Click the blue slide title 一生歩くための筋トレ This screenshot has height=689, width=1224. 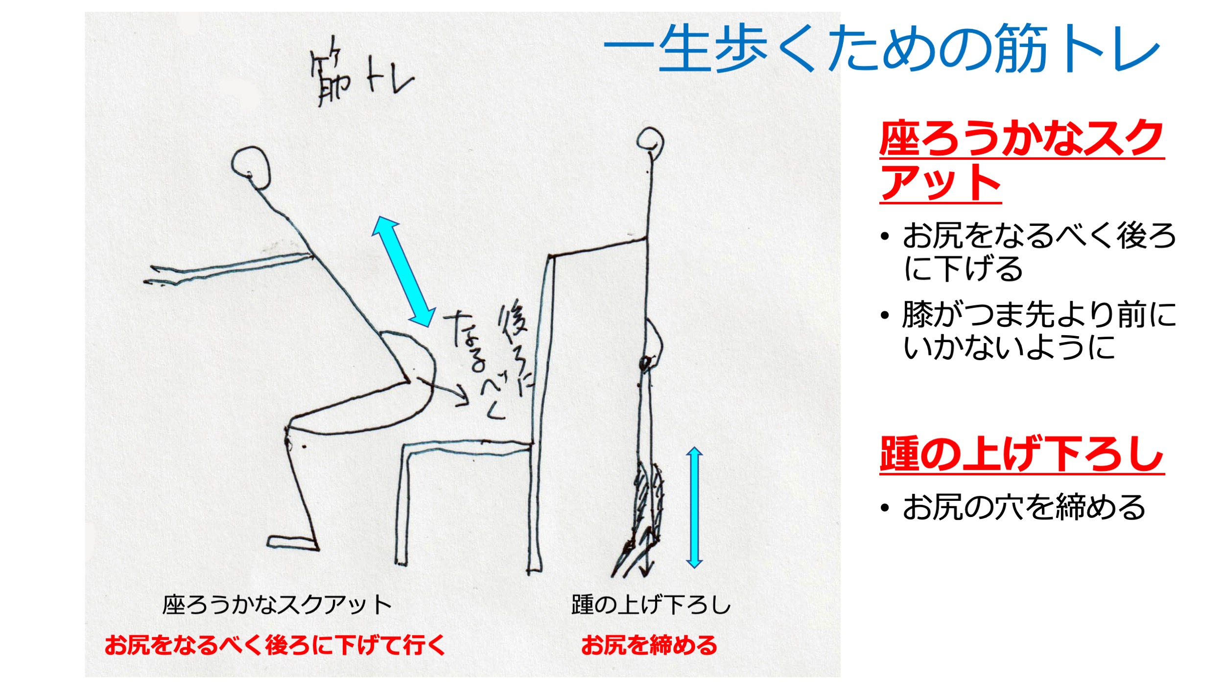(x=882, y=48)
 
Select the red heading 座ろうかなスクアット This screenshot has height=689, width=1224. (x=1021, y=161)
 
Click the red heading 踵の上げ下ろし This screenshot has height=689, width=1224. (x=1021, y=454)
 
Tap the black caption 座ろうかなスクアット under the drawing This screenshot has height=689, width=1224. (x=277, y=605)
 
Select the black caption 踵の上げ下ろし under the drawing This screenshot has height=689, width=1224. (x=651, y=605)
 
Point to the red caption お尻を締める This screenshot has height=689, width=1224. (x=649, y=645)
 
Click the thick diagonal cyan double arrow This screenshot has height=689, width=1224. (x=403, y=271)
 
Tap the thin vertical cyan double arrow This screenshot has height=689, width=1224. (x=694, y=507)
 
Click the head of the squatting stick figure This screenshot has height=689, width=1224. (x=251, y=167)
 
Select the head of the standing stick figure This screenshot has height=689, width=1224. (x=650, y=140)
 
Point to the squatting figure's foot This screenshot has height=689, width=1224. (x=292, y=543)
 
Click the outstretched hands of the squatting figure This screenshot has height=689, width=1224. (x=162, y=275)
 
